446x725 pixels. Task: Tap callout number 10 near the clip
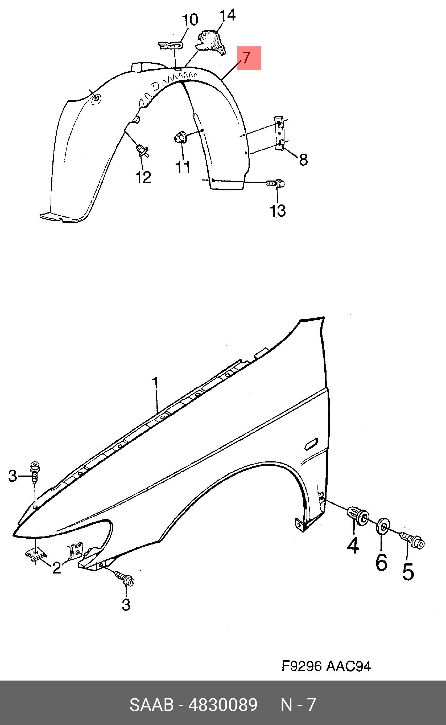190,20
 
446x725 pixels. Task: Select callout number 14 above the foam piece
228,15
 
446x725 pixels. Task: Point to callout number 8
303,160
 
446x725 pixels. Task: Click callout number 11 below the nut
183,167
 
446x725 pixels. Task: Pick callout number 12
143,177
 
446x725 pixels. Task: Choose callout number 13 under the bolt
278,211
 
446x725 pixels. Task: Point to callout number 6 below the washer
381,562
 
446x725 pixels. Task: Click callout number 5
408,572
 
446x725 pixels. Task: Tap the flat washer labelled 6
383,526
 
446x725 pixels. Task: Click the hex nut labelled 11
180,137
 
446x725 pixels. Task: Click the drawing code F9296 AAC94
326,666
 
